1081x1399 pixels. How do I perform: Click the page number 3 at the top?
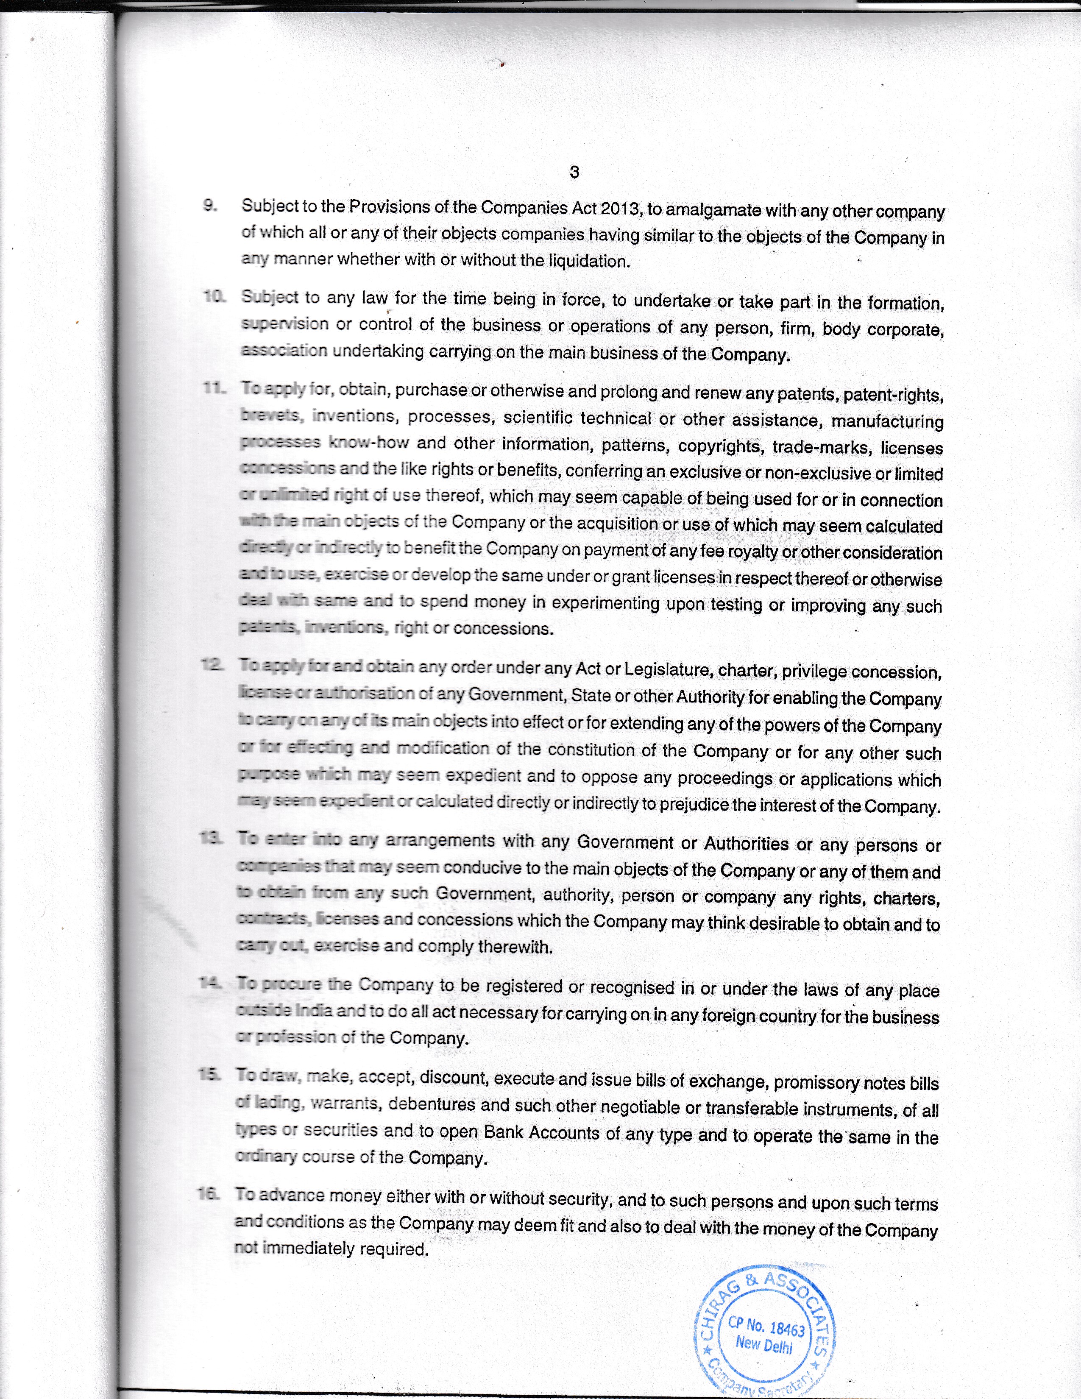[574, 172]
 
